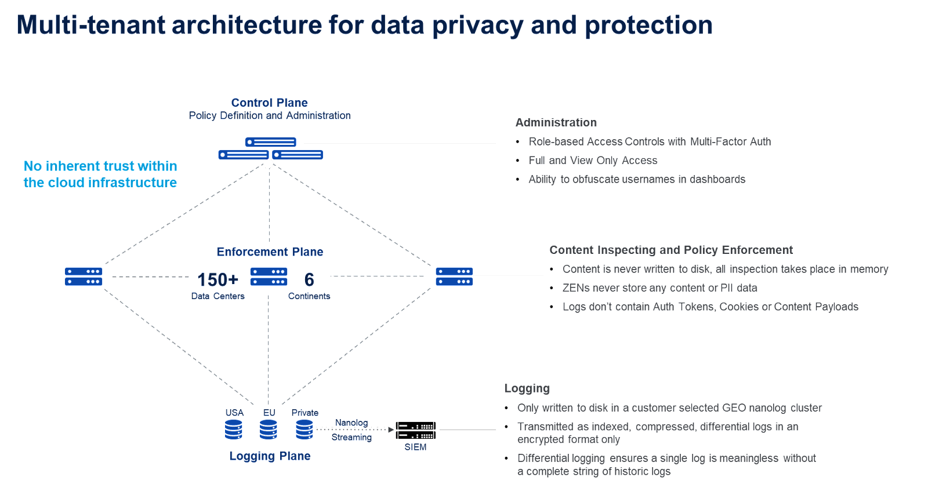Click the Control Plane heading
pos(269,103)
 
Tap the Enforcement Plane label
pos(270,252)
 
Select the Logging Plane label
pos(270,456)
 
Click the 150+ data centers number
pos(217,279)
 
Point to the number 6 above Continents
pos(309,279)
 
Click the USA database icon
pos(234,430)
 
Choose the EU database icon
pos(269,430)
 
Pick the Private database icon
pos(304,430)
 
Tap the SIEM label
pos(415,447)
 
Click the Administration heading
pos(556,122)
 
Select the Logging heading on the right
pos(527,388)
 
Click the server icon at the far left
pos(84,276)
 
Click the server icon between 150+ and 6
pos(269,276)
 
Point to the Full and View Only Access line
pos(593,161)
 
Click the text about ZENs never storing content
pos(659,288)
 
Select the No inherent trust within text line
pos(100,166)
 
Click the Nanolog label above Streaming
pos(351,423)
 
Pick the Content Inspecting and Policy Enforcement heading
pos(671,250)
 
